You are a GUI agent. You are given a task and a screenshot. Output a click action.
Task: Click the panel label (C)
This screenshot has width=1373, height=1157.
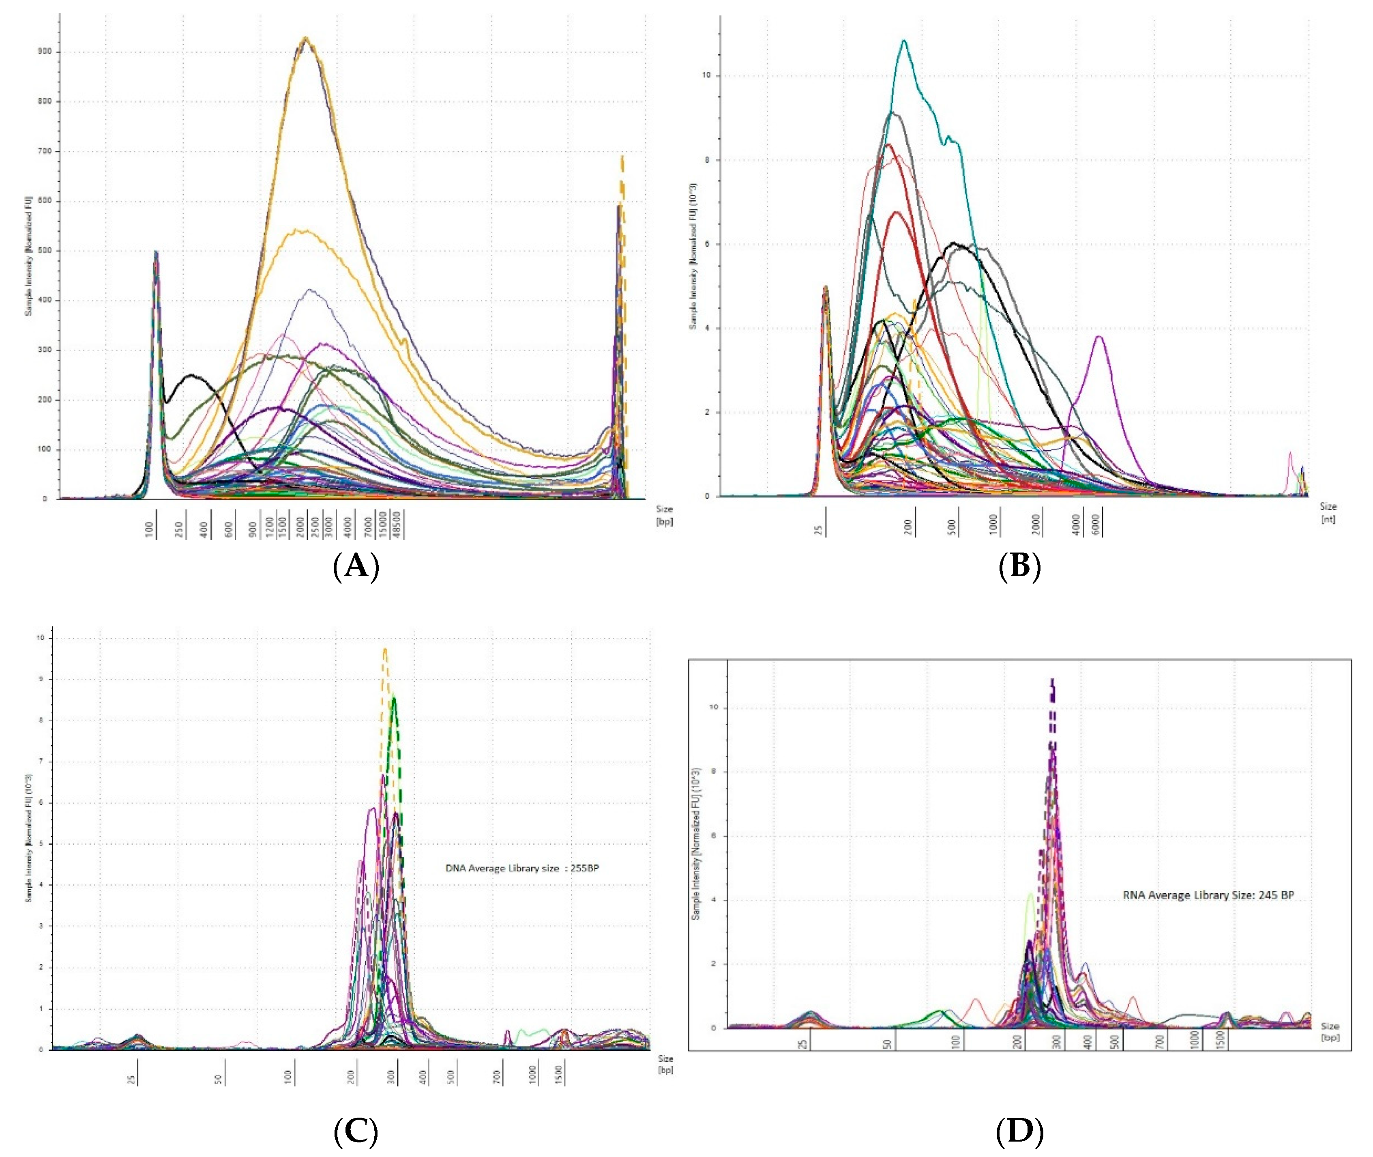(356, 1131)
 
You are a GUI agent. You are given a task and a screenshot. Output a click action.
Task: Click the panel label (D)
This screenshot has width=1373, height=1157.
(1019, 1131)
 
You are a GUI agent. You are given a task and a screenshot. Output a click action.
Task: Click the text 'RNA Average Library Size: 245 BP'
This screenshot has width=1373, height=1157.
(1208, 895)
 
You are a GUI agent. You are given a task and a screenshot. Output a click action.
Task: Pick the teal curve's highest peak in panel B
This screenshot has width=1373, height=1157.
(905, 41)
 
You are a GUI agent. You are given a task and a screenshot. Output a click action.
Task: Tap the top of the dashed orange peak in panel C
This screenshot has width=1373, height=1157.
(385, 649)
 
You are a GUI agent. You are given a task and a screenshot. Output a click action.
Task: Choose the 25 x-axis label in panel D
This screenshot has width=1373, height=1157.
(804, 1043)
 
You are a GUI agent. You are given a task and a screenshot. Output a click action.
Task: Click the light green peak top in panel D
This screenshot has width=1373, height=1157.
(1030, 894)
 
